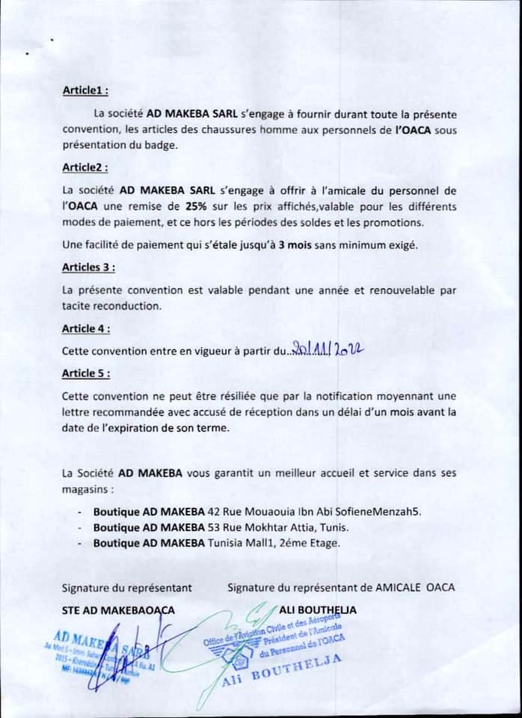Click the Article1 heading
point(85,90)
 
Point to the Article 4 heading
point(87,328)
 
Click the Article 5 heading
point(87,372)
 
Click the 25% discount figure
point(199,206)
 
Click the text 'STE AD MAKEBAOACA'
point(118,610)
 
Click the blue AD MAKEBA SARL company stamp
point(112,647)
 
